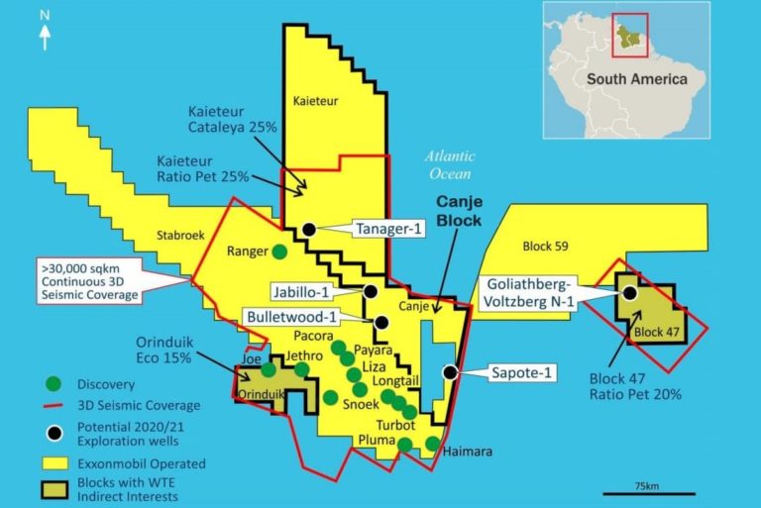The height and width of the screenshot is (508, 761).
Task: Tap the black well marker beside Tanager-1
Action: point(309,229)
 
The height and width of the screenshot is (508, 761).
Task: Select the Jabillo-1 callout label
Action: point(314,291)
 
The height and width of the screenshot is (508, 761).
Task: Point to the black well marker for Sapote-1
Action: point(451,372)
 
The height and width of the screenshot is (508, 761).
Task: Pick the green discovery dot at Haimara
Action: point(433,443)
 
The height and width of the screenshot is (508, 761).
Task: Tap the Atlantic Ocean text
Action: point(451,165)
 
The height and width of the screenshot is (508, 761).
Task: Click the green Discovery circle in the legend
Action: point(54,383)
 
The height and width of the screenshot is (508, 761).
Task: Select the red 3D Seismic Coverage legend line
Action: point(53,405)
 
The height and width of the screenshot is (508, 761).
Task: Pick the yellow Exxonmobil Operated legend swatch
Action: point(54,462)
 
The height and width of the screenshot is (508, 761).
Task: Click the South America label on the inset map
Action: point(635,80)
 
